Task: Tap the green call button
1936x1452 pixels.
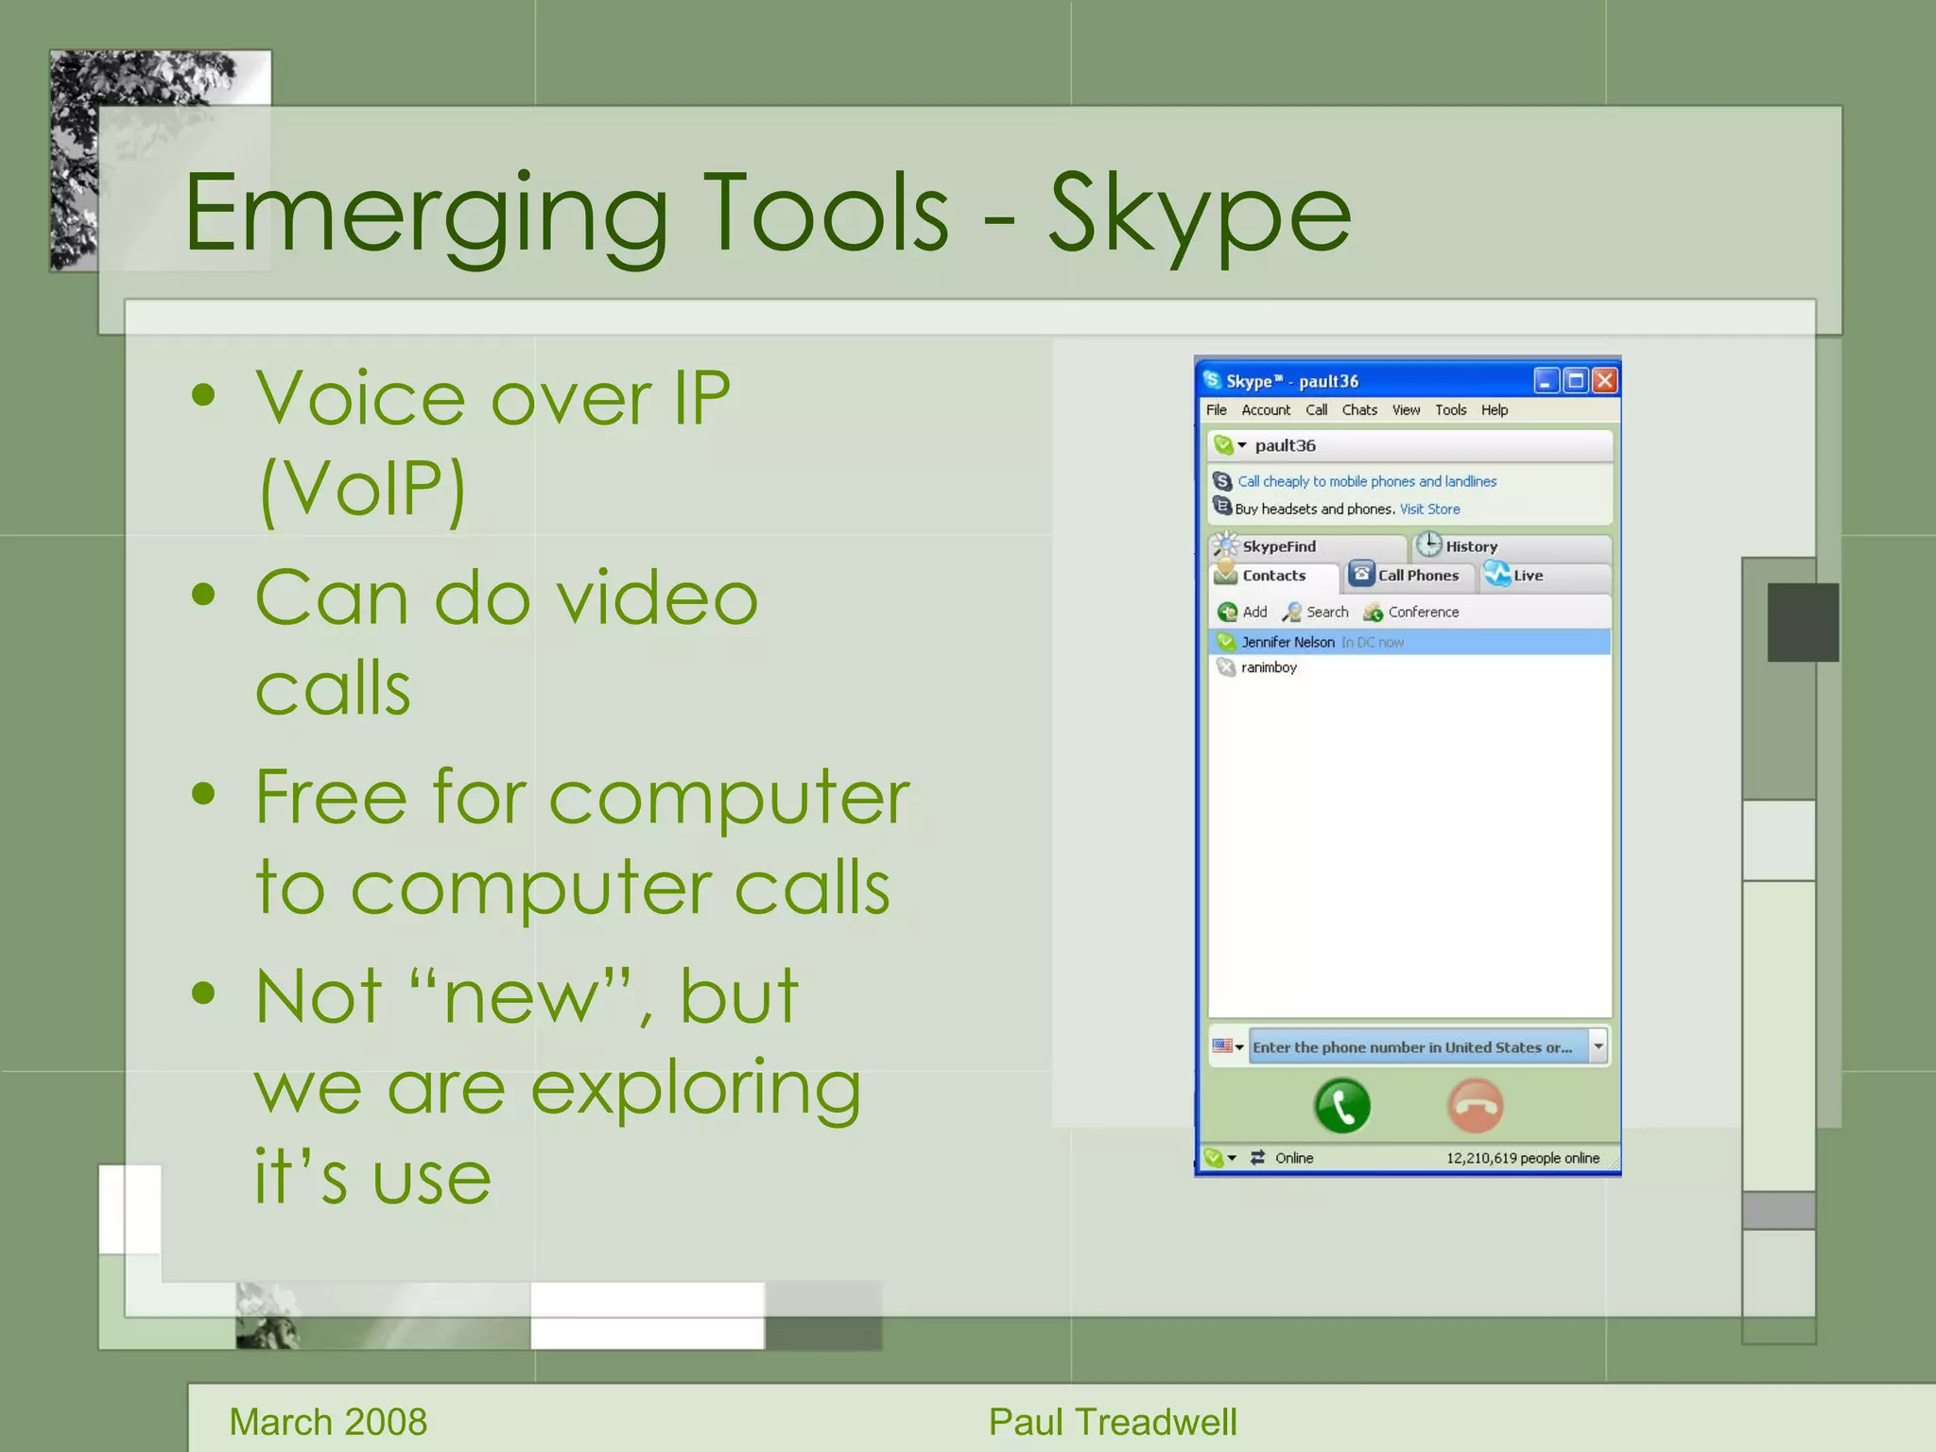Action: tap(1341, 1105)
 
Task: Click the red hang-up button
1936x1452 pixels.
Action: tap(1475, 1105)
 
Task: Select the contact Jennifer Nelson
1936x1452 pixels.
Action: tap(1288, 642)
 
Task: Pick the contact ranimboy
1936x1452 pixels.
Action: tap(1269, 667)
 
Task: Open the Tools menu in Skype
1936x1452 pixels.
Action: tap(1450, 410)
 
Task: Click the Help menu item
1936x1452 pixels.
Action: tap(1494, 410)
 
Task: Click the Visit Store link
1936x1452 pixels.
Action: tap(1429, 509)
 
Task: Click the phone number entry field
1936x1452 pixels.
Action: tap(1413, 1047)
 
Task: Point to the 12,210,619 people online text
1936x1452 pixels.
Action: tap(1522, 1158)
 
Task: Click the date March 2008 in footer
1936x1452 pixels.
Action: tap(328, 1422)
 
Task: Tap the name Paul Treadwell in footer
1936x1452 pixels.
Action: tap(1112, 1422)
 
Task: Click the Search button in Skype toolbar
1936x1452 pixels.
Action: tap(1316, 613)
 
